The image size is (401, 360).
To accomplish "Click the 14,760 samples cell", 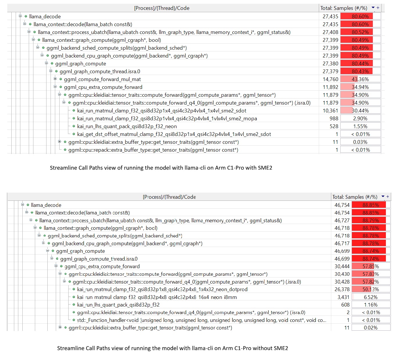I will [330, 79].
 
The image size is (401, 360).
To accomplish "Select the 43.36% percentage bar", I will [360, 79].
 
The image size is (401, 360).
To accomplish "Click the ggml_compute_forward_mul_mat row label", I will [102, 79].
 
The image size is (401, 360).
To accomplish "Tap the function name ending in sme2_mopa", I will [167, 119].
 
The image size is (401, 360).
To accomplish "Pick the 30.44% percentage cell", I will [360, 111].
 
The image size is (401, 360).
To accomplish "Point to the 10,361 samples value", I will [330, 111].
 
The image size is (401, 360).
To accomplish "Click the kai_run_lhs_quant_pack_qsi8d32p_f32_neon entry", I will [127, 126].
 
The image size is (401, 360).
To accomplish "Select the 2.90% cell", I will [360, 119].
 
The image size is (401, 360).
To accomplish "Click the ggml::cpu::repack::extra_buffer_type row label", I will [153, 150].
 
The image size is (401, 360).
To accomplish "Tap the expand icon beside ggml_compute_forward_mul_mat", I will [55, 79].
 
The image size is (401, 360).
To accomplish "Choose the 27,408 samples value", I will [330, 32].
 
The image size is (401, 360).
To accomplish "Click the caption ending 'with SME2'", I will [161, 168].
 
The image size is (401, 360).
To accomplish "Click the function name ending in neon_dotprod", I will [162, 289].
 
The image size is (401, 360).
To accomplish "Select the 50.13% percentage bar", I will [371, 289].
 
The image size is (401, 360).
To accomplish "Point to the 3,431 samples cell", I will [343, 297].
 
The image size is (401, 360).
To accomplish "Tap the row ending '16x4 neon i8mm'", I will [157, 297].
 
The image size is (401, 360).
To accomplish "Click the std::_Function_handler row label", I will [201, 320].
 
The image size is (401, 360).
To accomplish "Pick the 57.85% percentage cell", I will [371, 266].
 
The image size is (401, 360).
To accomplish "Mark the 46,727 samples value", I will [342, 221].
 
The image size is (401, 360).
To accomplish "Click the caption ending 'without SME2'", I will [172, 348].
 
